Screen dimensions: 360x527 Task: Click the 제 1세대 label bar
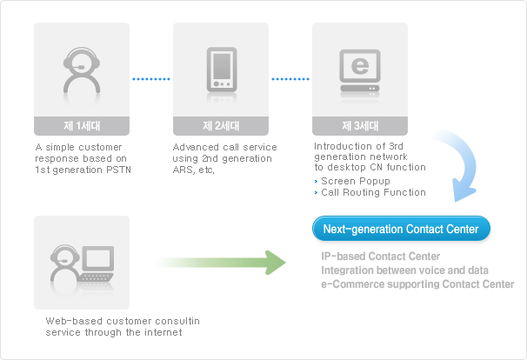point(82,125)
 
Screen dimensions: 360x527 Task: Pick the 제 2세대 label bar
point(221,125)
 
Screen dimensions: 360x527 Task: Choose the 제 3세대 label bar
point(360,125)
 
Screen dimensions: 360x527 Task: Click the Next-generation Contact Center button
point(401,230)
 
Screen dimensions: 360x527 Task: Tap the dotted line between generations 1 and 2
point(151,78)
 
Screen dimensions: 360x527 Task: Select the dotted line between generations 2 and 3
point(290,78)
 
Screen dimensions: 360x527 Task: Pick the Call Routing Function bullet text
point(373,192)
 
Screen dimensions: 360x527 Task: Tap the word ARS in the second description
point(184,170)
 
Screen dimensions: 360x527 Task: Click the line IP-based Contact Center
point(380,257)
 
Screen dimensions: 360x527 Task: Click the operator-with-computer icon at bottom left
point(82,262)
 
